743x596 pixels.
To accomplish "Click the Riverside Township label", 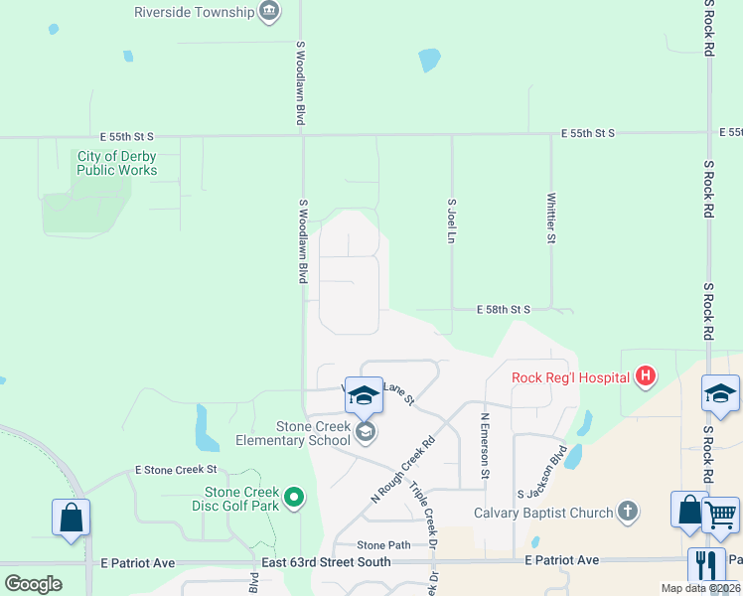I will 194,12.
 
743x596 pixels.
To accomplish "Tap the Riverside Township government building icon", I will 269,12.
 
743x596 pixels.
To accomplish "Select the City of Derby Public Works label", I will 117,163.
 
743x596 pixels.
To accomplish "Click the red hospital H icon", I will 646,376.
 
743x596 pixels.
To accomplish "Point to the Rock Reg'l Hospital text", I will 570,377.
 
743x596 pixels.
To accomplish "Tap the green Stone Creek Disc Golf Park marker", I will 293,497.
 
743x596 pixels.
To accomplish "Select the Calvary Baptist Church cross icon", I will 627,513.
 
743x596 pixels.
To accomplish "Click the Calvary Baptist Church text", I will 542,514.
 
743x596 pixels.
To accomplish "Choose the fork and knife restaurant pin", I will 706,565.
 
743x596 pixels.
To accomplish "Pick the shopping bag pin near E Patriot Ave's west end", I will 71,518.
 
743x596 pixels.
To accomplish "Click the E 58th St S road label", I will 503,310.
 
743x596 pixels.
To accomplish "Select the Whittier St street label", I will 550,218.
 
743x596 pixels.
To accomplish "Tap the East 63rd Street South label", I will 326,562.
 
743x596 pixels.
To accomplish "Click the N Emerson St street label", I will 485,447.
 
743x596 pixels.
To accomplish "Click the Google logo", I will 33,584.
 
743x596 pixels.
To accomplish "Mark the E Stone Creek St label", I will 176,470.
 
